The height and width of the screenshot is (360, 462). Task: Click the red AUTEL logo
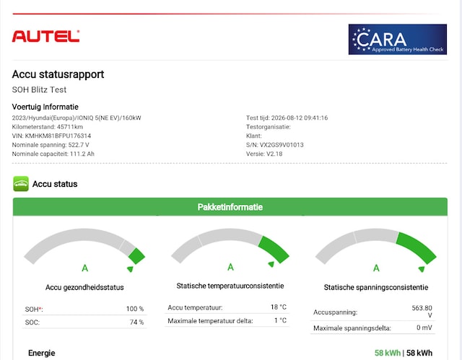click(x=45, y=37)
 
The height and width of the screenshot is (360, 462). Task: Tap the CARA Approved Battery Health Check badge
click(x=398, y=40)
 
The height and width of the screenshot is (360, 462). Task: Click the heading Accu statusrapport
click(x=58, y=74)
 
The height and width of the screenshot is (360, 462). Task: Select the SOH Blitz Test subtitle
click(x=39, y=89)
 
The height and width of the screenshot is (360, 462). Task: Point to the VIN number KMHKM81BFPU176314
click(x=58, y=136)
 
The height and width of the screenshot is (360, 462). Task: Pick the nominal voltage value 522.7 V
click(x=79, y=145)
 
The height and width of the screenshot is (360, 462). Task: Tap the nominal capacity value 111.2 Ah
click(x=82, y=154)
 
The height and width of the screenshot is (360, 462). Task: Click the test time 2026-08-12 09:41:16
click(x=300, y=118)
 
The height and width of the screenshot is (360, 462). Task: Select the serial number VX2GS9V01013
click(x=282, y=145)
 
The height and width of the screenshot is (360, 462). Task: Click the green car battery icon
click(x=21, y=184)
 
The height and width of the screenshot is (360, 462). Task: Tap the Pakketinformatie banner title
click(x=230, y=207)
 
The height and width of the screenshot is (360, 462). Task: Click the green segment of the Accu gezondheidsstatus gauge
click(x=136, y=256)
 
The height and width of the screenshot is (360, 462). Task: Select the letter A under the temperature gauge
click(x=230, y=267)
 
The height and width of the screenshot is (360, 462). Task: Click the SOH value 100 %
click(x=135, y=309)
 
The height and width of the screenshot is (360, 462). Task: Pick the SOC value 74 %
click(x=136, y=322)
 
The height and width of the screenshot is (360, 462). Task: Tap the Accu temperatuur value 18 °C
click(x=279, y=307)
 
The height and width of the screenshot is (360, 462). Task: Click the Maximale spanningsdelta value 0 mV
click(x=424, y=328)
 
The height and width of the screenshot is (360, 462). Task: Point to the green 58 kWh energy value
click(x=388, y=353)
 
